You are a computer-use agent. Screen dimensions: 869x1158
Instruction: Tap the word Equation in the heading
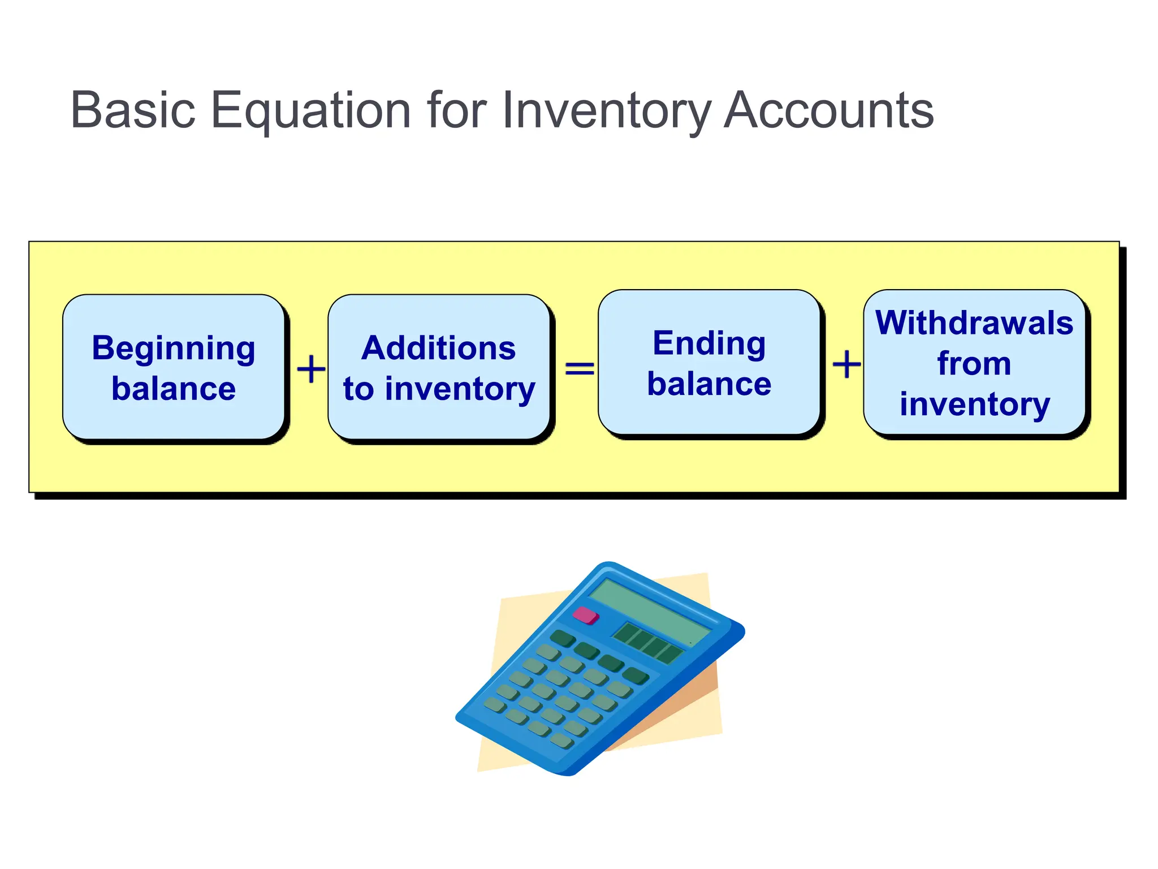click(310, 111)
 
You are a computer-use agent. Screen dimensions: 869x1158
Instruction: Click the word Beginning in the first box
click(173, 349)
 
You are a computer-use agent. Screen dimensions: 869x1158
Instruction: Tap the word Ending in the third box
click(709, 343)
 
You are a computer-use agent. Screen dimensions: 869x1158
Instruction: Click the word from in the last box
click(974, 363)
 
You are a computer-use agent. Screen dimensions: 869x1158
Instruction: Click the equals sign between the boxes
click(580, 369)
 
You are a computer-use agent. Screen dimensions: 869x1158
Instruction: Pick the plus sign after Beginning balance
click(311, 369)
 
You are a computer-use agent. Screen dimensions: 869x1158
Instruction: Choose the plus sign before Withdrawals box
click(846, 364)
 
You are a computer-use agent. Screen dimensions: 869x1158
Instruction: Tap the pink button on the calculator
click(586, 615)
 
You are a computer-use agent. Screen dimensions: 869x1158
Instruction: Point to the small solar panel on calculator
click(648, 643)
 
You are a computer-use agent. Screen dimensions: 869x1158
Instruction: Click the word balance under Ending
click(709, 384)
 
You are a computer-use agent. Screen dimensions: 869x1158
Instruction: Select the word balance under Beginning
click(173, 389)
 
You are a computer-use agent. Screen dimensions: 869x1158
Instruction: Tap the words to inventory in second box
click(438, 389)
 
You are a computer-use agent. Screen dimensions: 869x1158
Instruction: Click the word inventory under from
click(974, 404)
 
